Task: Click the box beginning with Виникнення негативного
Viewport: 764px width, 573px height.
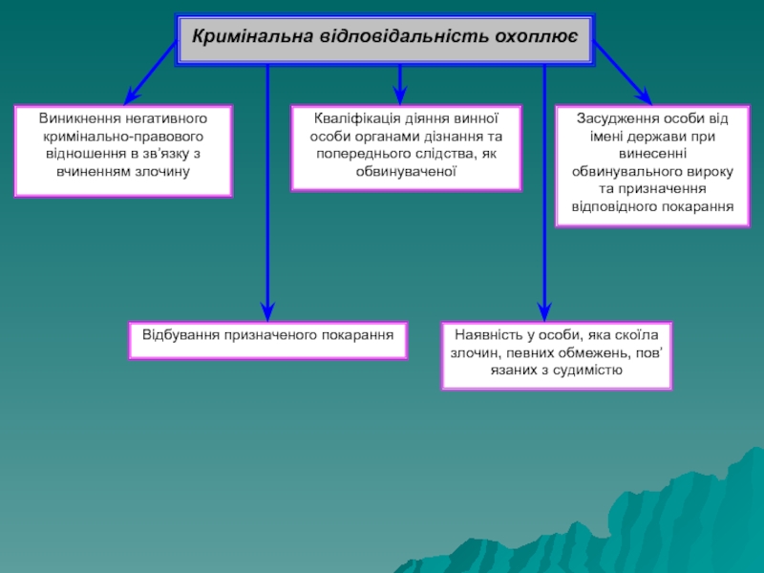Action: click(x=123, y=151)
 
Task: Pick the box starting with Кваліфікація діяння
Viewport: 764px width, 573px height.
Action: click(x=406, y=148)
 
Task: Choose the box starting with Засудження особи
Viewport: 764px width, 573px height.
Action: click(x=652, y=166)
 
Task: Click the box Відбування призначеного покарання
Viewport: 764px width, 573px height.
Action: click(x=268, y=340)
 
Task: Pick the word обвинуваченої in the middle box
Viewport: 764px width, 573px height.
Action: click(x=406, y=170)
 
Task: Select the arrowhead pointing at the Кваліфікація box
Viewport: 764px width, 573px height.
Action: click(x=400, y=96)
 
